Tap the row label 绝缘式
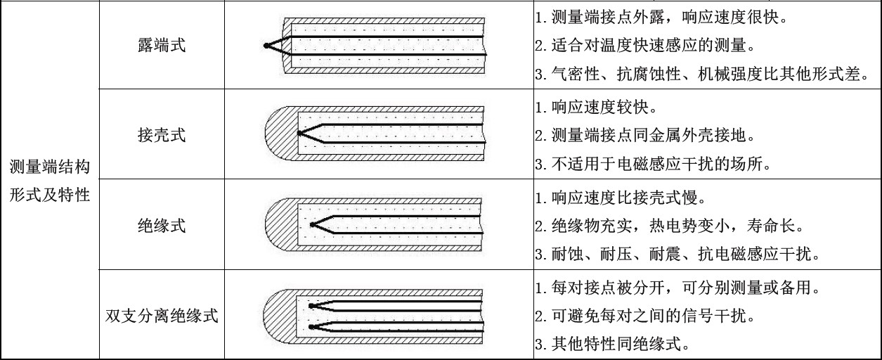pos(162,226)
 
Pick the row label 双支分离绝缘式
pos(162,316)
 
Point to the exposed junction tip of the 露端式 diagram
pos(266,46)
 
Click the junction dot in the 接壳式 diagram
pos(299,132)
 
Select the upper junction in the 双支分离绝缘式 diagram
pos(311,305)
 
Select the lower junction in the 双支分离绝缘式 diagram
pos(311,326)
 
